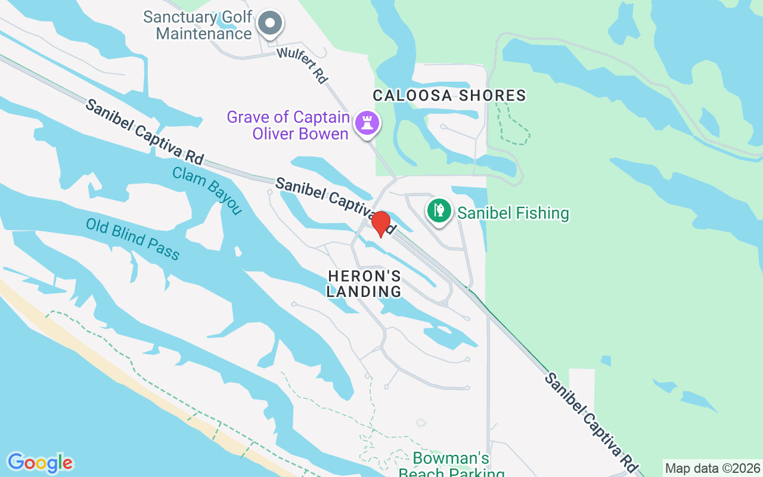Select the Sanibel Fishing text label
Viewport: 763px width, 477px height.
[x=513, y=213]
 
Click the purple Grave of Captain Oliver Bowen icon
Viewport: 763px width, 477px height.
[x=367, y=123]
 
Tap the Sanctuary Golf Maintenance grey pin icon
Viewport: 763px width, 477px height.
[x=270, y=24]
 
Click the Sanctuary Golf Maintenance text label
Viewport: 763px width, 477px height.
[x=198, y=25]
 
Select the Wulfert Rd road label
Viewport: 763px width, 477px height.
[x=303, y=66]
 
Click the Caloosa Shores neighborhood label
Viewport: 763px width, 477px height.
[x=449, y=95]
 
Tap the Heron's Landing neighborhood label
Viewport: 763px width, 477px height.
[x=364, y=284]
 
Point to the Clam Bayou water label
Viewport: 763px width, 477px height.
[x=207, y=191]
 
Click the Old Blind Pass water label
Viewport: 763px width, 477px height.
[x=132, y=239]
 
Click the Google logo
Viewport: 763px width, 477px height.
[x=40, y=463]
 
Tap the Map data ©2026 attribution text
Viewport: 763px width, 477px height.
[x=712, y=469]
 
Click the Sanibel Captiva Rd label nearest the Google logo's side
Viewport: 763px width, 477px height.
[x=144, y=132]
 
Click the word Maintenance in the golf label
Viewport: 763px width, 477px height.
[x=204, y=33]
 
